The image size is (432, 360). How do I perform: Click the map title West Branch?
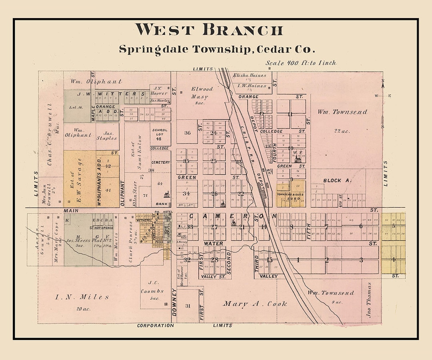(x=209, y=30)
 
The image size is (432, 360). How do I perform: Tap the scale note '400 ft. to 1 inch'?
(x=301, y=63)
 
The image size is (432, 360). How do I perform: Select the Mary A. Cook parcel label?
(x=255, y=304)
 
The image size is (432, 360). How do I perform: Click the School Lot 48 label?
(x=159, y=134)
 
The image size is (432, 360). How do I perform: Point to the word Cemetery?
(x=160, y=162)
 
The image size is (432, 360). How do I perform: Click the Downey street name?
(x=174, y=302)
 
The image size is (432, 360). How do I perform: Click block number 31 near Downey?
(x=188, y=306)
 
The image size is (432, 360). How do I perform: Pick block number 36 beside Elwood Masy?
(x=187, y=133)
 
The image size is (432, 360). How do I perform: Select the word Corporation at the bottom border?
(x=155, y=326)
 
